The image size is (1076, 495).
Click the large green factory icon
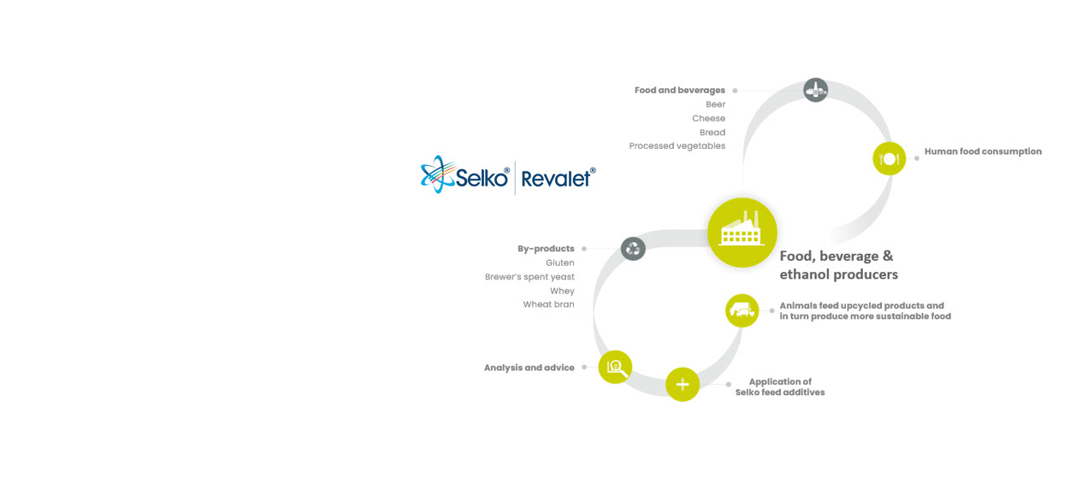[742, 232]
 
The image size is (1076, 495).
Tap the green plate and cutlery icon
[889, 159]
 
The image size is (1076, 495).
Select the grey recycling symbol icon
[633, 249]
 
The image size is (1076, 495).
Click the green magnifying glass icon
[615, 367]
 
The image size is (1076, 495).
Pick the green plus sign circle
[683, 384]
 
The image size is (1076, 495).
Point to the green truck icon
[742, 310]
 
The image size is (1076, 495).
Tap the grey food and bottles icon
[815, 90]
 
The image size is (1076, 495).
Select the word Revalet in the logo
[556, 179]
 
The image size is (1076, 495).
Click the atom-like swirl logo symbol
[437, 174]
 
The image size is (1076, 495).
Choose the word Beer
[715, 104]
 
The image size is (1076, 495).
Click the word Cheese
[708, 119]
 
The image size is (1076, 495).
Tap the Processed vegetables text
[677, 146]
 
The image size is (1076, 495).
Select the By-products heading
[546, 249]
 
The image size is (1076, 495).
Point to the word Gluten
[559, 263]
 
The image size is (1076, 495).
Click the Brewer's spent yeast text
[529, 277]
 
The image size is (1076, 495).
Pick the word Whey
[562, 291]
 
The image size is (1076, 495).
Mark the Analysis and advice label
[529, 368]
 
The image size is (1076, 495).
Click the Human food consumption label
[983, 151]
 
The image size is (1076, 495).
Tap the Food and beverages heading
[679, 90]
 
